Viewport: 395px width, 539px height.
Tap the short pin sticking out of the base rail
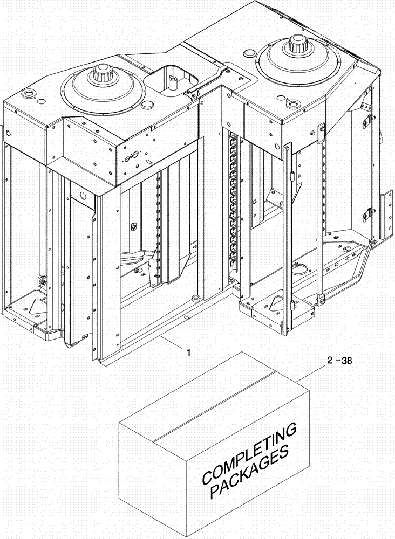(x=187, y=317)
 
